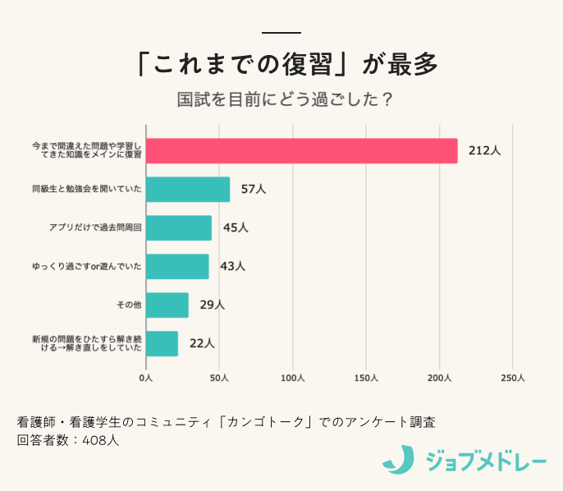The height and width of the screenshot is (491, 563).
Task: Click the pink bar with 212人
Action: coord(301,151)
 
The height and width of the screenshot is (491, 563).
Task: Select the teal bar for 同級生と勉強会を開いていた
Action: coord(188,190)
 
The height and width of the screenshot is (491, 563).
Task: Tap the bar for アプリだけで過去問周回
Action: coord(179,228)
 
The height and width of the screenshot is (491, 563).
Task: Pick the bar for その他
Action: coord(167,305)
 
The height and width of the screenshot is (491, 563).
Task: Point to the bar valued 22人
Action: coord(162,343)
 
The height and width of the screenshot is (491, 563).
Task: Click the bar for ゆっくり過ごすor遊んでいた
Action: coord(177,266)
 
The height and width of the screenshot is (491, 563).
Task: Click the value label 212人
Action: coord(484,151)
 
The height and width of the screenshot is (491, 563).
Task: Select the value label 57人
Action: coord(254,190)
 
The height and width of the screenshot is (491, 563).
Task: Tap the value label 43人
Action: coord(232,266)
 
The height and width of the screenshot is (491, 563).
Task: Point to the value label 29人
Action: coord(212,305)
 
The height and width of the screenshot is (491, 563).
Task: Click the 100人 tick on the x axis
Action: coord(293,379)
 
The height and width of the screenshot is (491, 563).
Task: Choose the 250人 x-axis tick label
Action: coord(512,379)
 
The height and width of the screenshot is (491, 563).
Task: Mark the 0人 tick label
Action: coord(146,379)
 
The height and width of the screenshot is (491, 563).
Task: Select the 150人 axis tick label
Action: coord(366,379)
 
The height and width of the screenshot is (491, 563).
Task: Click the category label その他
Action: coord(130,305)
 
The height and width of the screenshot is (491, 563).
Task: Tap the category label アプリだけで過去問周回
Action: coord(95,228)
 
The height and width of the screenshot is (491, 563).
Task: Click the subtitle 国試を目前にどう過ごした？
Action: coord(282,100)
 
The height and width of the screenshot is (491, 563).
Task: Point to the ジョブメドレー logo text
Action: coord(485,461)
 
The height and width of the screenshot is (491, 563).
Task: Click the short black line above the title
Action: coord(281,33)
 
